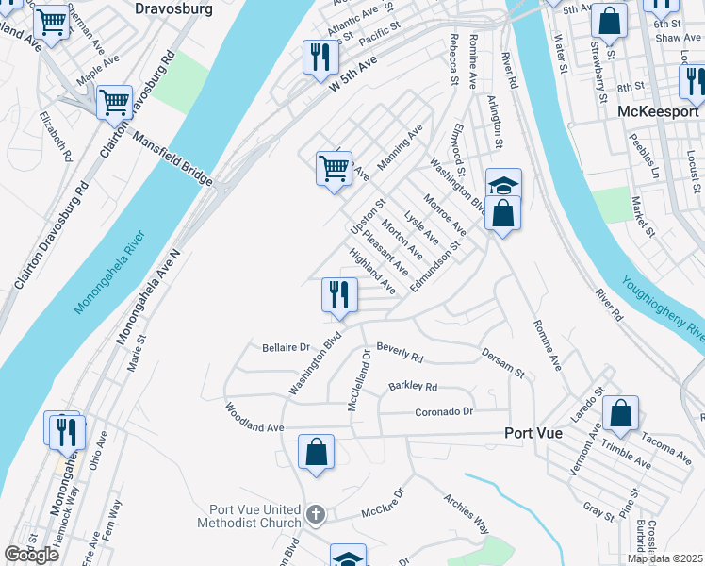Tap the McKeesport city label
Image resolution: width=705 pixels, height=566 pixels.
click(658, 110)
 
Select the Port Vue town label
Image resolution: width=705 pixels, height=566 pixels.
click(533, 433)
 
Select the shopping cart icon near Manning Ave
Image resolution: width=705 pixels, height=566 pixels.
click(334, 168)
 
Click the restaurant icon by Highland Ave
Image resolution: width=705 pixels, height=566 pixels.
click(339, 293)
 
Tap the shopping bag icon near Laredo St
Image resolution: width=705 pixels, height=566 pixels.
click(620, 411)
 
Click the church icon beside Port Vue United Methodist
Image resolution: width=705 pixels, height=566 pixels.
click(316, 515)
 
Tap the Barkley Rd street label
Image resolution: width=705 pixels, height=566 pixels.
click(413, 387)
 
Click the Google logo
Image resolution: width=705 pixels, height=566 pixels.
click(31, 555)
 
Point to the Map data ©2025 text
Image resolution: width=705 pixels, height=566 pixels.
click(665, 558)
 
